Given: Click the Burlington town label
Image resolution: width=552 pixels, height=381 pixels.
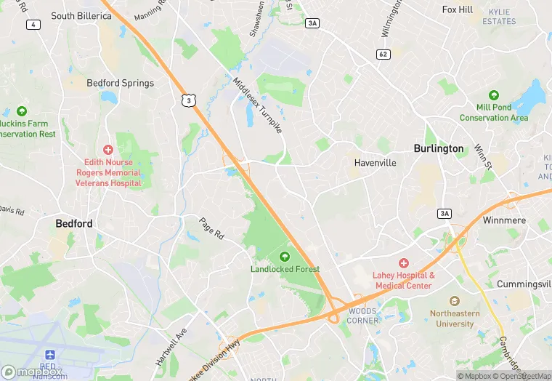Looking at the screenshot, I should (x=438, y=148).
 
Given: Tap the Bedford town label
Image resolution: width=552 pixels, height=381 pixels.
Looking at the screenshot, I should (x=74, y=224).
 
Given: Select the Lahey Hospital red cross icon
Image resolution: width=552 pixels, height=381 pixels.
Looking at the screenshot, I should (x=403, y=263).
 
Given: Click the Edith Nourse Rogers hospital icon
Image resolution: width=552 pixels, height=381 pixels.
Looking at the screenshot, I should (x=108, y=149).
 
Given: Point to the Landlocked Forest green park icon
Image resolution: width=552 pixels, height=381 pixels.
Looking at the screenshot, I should (x=284, y=256).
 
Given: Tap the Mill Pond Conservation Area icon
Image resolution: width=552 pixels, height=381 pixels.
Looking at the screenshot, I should (x=494, y=95).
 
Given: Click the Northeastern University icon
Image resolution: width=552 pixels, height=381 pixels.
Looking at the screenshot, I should (x=455, y=300).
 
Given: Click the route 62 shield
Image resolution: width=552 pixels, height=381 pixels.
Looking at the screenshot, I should (x=383, y=55).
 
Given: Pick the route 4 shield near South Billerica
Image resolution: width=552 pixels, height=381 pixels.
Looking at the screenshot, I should (x=33, y=25).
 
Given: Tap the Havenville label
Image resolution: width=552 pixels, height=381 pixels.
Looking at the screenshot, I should (x=376, y=163).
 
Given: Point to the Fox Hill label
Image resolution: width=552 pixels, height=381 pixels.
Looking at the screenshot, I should (x=458, y=9).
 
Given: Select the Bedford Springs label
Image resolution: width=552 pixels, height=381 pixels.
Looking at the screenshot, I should (x=121, y=83).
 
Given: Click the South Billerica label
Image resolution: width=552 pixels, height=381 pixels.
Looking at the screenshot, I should (x=81, y=15).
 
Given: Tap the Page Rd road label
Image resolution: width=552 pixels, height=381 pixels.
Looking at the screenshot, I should (x=213, y=228).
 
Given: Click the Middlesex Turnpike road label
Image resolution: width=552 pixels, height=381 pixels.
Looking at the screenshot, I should (x=257, y=105).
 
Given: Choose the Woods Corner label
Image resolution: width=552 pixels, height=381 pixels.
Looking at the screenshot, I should (x=362, y=316).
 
